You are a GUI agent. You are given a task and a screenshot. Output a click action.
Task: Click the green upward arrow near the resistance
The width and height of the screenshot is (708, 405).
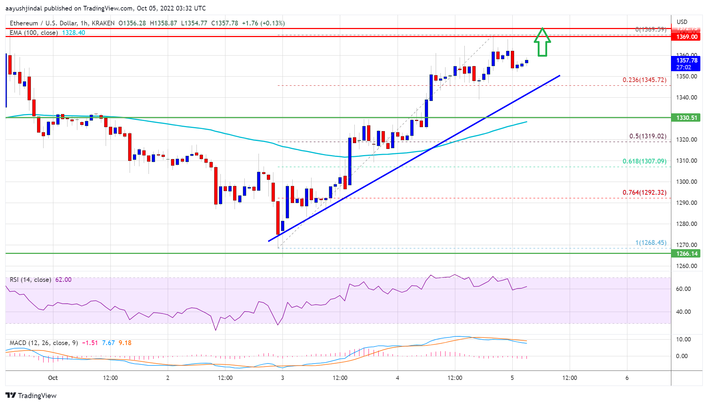pyautogui.click(x=542, y=43)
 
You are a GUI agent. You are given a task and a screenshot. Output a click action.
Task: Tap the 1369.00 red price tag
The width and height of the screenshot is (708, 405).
pyautogui.click(x=687, y=37)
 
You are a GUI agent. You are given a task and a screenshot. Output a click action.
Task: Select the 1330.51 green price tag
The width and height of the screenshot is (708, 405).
pyautogui.click(x=687, y=118)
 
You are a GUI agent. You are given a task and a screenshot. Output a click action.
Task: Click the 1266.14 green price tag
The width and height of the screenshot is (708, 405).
pyautogui.click(x=687, y=254)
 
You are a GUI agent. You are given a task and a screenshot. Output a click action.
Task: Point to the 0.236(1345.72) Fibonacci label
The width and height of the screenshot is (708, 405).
pyautogui.click(x=644, y=80)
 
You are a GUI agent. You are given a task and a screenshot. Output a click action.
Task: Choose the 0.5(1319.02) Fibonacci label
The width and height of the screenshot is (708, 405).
pyautogui.click(x=647, y=136)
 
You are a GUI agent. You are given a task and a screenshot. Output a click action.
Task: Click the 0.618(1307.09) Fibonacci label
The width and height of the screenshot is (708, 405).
pyautogui.click(x=644, y=161)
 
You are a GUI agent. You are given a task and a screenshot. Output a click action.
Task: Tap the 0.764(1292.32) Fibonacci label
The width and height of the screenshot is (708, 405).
pyautogui.click(x=644, y=193)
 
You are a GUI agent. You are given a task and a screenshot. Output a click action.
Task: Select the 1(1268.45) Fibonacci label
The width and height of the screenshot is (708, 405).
pyautogui.click(x=651, y=243)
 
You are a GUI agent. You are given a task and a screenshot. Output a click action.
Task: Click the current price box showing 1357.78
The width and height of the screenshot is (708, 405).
pyautogui.click(x=687, y=64)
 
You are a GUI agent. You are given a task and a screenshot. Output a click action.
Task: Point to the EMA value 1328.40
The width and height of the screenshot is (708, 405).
pyautogui.click(x=73, y=33)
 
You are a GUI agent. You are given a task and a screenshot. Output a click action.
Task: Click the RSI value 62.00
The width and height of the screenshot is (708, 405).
pyautogui.click(x=63, y=280)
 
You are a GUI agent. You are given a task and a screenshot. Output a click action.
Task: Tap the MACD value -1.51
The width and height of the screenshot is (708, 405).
pyautogui.click(x=90, y=343)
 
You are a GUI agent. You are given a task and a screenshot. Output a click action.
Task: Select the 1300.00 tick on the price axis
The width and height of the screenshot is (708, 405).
pyautogui.click(x=686, y=182)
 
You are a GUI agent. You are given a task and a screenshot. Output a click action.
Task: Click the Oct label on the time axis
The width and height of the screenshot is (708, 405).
pyautogui.click(x=53, y=378)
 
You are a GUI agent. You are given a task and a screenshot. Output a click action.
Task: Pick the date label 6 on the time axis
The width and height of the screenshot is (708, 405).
pyautogui.click(x=627, y=378)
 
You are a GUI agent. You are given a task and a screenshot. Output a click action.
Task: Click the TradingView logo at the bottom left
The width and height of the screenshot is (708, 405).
pyautogui.click(x=31, y=396)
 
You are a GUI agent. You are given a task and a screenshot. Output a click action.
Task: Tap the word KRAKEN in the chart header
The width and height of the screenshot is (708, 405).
pyautogui.click(x=103, y=23)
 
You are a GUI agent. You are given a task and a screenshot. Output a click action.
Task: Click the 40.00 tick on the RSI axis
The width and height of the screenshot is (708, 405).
pyautogui.click(x=683, y=312)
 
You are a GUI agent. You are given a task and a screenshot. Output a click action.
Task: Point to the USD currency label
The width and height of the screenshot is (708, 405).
pyautogui.click(x=682, y=22)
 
